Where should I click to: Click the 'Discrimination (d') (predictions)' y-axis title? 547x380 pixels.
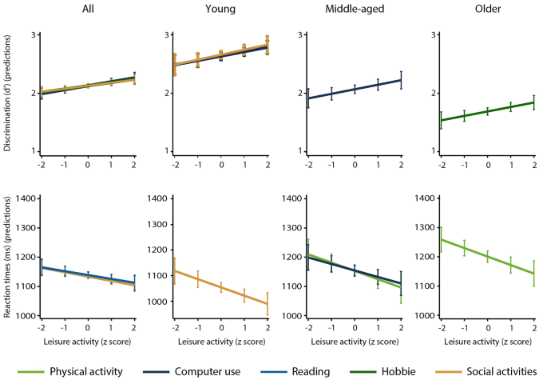(x=8, y=93)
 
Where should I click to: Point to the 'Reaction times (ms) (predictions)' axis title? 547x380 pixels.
(x=8, y=257)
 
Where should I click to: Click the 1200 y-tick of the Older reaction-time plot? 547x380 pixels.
(x=426, y=257)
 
